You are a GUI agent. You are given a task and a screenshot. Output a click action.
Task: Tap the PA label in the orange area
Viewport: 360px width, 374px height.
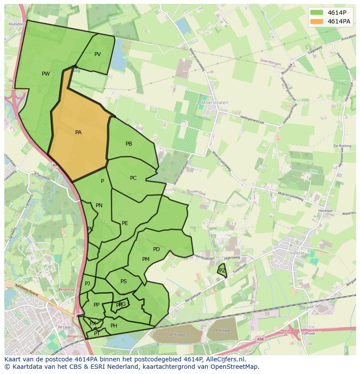click(78, 132)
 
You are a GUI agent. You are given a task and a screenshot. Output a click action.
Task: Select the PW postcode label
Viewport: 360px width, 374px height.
click(46, 74)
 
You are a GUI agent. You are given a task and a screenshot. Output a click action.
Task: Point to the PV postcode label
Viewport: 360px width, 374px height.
click(97, 54)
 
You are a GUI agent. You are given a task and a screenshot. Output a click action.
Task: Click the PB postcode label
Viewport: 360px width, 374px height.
click(129, 144)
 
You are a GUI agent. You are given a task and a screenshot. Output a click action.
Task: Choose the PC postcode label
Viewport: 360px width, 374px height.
click(133, 178)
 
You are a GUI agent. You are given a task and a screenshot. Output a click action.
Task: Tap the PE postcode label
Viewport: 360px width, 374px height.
click(125, 223)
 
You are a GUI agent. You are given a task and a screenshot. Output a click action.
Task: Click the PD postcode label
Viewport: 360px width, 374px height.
click(157, 249)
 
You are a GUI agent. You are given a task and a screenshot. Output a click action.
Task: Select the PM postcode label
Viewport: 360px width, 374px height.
click(146, 259)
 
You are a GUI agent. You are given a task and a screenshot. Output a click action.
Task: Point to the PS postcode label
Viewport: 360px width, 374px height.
click(123, 281)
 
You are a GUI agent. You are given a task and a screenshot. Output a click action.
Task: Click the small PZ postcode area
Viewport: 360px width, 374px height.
click(222, 271)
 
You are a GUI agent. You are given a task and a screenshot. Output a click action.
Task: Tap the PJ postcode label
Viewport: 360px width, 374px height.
click(87, 284)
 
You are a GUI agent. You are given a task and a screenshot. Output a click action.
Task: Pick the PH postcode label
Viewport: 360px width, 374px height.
click(114, 326)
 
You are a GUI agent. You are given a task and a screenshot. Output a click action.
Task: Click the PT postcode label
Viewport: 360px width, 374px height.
click(97, 334)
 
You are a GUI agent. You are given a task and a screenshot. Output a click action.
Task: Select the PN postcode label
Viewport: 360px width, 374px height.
click(99, 205)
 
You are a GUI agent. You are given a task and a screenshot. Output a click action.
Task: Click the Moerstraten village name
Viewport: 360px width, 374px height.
click(215, 103)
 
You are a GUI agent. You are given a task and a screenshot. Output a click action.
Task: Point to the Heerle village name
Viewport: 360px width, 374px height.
click(297, 252)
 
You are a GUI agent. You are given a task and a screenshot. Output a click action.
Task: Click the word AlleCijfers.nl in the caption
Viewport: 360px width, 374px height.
click(224, 359)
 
